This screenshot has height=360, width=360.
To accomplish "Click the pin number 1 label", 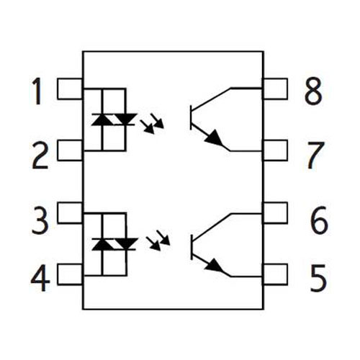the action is (38, 91).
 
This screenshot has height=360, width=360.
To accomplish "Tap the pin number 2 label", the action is (40, 156).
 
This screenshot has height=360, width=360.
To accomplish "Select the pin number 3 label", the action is (40, 220).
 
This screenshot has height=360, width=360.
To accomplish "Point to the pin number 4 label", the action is (40, 278).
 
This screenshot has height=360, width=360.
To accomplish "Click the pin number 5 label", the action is (318, 278).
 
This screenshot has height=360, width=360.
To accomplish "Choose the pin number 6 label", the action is (319, 220).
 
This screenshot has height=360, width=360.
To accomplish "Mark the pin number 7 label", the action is (316, 156).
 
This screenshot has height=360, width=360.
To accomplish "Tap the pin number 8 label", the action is (313, 91).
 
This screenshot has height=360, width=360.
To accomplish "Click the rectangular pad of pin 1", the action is (70, 89).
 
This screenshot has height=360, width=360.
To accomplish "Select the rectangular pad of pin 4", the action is (70, 274).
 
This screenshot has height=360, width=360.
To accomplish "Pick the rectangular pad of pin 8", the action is (275, 89).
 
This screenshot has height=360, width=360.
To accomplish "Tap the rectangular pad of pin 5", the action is (275, 274).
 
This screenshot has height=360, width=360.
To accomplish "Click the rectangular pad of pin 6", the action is (275, 213).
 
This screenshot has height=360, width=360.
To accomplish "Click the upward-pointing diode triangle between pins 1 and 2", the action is (103, 120).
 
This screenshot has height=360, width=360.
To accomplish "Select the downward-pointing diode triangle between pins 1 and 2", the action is (125, 120).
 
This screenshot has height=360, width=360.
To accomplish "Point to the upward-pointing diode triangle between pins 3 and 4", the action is (103, 244).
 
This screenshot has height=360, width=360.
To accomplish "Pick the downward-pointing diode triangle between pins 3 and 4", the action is (126, 244).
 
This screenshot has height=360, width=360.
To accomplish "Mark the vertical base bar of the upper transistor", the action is (191, 117).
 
